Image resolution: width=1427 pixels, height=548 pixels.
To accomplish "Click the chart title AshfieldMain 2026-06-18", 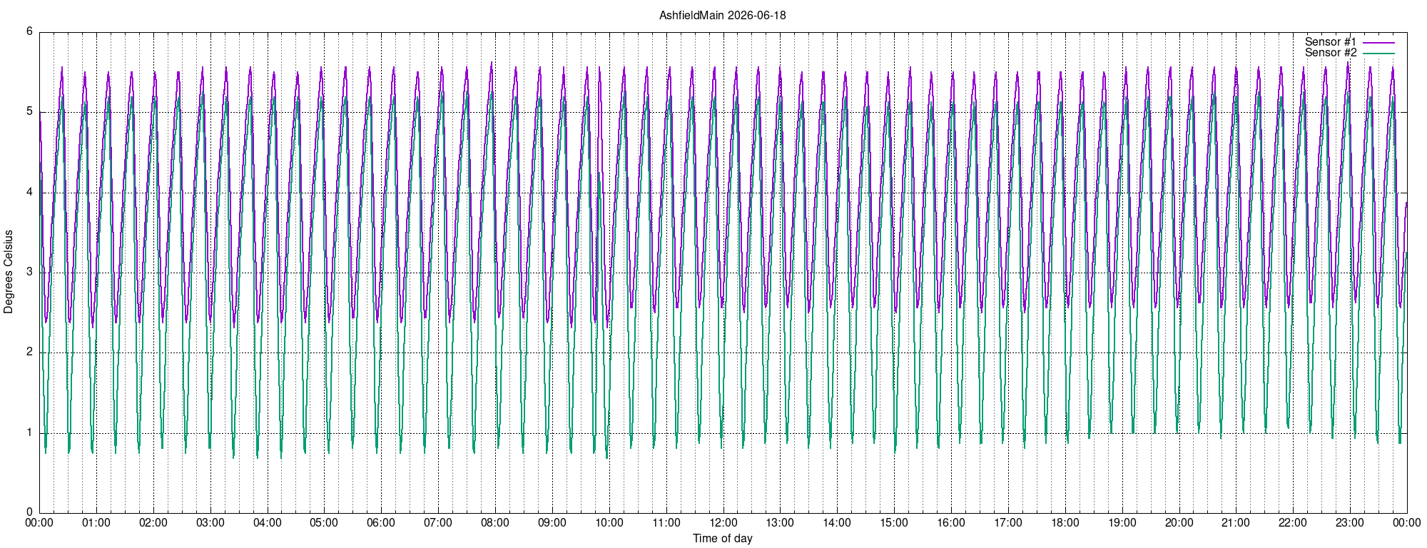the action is coord(722,15).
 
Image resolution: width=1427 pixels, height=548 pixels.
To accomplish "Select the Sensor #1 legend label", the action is coord(1331,42).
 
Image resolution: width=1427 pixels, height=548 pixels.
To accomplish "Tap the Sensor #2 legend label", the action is coord(1331,53).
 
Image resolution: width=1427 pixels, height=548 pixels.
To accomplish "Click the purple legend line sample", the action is coord(1378,43).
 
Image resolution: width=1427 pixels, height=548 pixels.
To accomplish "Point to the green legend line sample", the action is coord(1378,54).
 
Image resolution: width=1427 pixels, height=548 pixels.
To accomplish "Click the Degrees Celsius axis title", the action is coord(9,272).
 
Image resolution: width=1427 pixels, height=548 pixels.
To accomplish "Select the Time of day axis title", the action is coord(722,538).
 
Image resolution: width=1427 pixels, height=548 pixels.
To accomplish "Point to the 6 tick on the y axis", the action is coord(29,31).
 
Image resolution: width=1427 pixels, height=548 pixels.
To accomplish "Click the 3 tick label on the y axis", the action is coord(29,272).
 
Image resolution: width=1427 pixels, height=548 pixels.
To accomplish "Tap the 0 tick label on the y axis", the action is coord(29,512).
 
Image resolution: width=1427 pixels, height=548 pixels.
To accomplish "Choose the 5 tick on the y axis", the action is coord(29,111).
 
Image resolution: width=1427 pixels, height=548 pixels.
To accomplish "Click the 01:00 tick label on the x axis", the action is coord(96,523).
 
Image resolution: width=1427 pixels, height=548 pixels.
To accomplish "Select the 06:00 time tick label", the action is coord(381,523).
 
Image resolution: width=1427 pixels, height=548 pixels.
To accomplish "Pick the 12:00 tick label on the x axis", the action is coord(723,523).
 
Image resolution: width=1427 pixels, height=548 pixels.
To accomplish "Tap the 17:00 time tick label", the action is coord(1008,523).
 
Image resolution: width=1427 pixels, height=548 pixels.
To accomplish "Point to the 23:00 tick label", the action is coord(1350,523).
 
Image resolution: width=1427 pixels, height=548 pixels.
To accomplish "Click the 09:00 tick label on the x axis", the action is coord(552,523).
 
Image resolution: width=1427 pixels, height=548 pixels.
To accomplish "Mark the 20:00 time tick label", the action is coord(1179,523).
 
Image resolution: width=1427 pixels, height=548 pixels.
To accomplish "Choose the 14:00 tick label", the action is coord(837,523).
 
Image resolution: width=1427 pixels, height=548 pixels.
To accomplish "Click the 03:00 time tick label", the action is coord(210,523).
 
